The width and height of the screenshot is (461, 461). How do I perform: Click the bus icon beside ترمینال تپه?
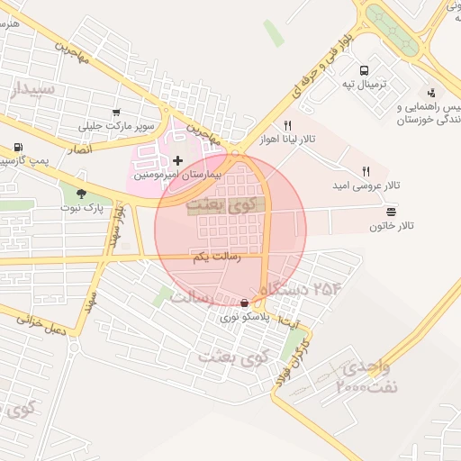pyautogui.click(x=365, y=70)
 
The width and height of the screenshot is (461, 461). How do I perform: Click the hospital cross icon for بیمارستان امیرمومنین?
pyautogui.click(x=177, y=160)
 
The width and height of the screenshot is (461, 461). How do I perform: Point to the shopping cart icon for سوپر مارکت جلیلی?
pyautogui.click(x=116, y=113)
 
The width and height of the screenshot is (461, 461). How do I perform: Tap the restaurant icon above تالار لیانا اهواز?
pyautogui.click(x=288, y=125)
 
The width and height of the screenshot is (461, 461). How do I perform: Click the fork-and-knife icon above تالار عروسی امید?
pyautogui.click(x=366, y=170)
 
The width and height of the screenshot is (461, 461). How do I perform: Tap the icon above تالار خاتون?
pyautogui.click(x=391, y=211)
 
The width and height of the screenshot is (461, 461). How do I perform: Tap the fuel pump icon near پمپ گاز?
pyautogui.click(x=18, y=148)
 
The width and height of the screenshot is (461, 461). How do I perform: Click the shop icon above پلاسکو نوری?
pyautogui.click(x=246, y=303)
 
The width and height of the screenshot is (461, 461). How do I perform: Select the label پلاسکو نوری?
pyautogui.click(x=245, y=318)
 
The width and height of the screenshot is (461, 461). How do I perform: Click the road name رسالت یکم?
pyautogui.click(x=214, y=258)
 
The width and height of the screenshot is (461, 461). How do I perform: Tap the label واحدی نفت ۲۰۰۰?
pyautogui.click(x=364, y=378)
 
